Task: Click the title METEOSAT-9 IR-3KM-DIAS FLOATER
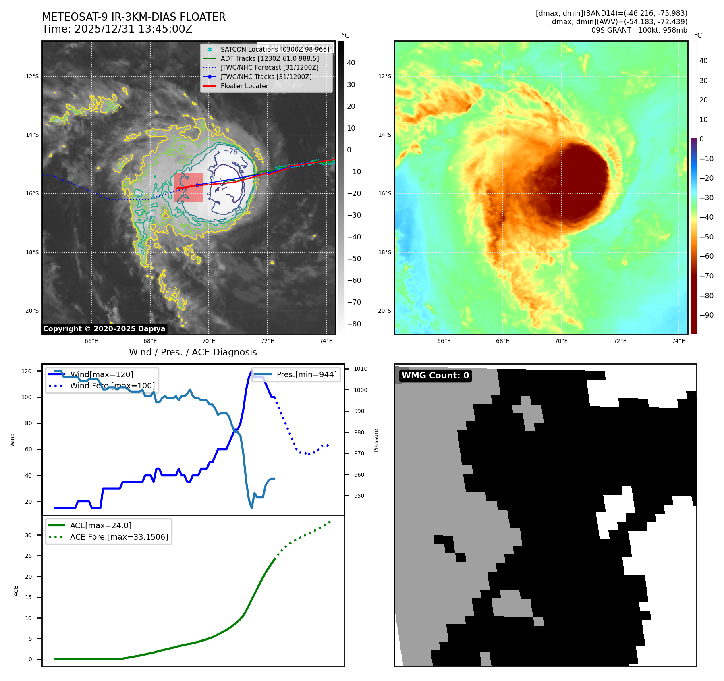[x=133, y=17]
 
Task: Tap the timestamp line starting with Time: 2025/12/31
[x=117, y=29]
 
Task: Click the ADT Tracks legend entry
[x=270, y=58]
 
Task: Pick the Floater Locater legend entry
[x=244, y=86]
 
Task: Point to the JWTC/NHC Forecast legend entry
[x=269, y=68]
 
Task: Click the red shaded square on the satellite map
[x=188, y=187]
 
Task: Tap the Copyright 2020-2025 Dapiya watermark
[x=104, y=329]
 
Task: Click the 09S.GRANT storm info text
[x=639, y=30]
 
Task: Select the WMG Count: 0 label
[x=435, y=376]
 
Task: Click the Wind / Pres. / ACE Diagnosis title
[x=193, y=352]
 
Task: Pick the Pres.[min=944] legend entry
[x=307, y=374]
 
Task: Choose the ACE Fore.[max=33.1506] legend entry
[x=119, y=537]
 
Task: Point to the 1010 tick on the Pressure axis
[x=361, y=369]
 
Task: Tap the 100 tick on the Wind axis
[x=27, y=397]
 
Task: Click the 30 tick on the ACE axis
[x=28, y=535]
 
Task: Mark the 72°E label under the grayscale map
[x=267, y=341]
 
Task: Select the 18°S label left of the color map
[x=384, y=252]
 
